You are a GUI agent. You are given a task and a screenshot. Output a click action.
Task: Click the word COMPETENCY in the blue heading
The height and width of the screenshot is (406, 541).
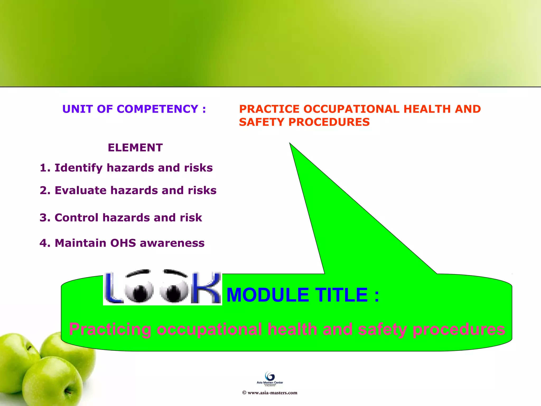point(157,109)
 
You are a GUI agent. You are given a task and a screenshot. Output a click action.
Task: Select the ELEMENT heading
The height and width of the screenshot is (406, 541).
point(135,147)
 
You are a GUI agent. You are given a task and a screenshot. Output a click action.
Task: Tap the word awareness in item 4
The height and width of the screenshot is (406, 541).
point(172,243)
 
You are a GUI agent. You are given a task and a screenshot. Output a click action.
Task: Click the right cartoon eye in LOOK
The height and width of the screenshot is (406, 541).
point(174,291)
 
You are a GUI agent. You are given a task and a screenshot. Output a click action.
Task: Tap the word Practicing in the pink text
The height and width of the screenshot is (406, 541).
point(110,329)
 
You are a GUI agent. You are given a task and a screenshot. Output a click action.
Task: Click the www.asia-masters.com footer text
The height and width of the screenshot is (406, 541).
point(272,393)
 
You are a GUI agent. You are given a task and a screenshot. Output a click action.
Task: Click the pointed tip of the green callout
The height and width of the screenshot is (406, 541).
point(290,144)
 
